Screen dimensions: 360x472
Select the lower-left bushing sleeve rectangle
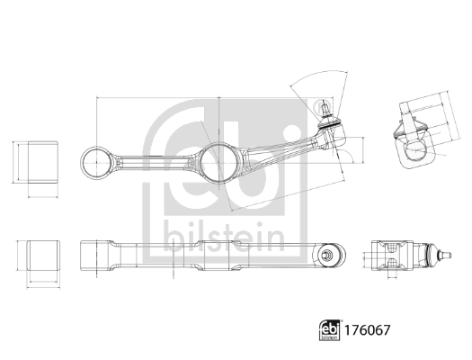click(x=38, y=256)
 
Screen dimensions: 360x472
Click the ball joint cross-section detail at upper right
click(x=414, y=140)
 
